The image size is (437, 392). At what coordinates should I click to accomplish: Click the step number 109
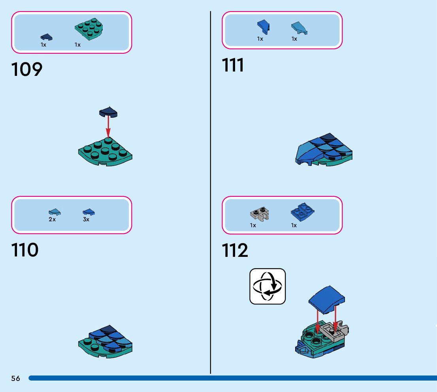point(27,70)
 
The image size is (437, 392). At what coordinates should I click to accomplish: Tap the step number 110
point(25,250)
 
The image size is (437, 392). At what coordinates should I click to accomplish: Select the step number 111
point(233,66)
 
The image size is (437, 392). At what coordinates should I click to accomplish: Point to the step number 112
point(235,251)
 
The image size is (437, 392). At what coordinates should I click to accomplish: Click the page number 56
point(15,379)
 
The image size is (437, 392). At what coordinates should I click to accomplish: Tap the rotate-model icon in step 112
point(267,286)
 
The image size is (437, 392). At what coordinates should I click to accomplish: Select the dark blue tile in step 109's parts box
point(46,37)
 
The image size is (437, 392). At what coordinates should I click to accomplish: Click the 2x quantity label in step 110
point(52,219)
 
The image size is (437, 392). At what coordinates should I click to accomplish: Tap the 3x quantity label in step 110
point(86,219)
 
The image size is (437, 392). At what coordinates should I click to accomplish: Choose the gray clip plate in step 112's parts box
point(260,214)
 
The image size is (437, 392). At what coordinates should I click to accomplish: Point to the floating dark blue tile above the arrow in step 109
point(108,112)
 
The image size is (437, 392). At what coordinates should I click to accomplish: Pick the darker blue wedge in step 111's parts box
point(263,26)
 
